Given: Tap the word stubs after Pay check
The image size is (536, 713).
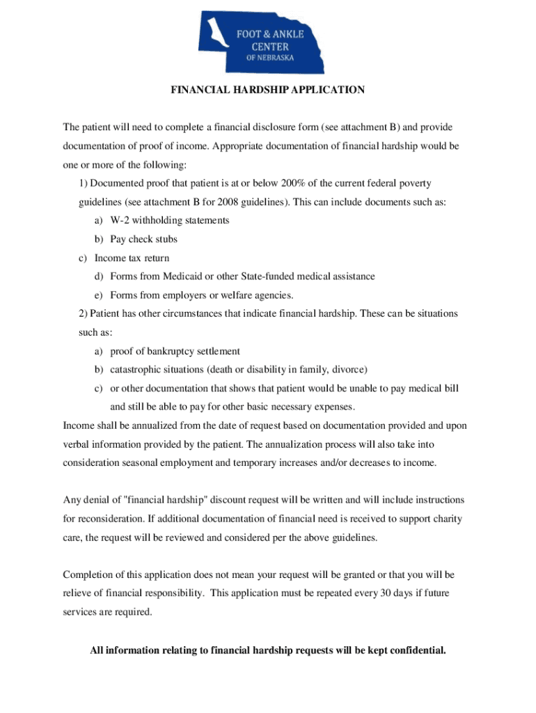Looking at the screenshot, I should [x=166, y=240].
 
